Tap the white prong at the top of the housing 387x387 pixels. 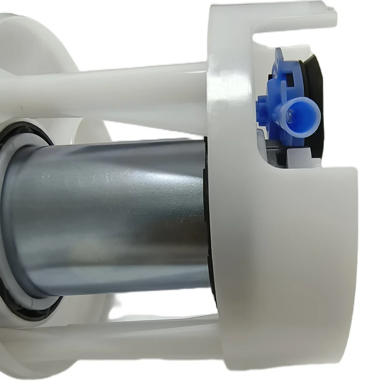(290, 17)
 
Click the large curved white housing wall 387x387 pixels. (300, 252)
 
